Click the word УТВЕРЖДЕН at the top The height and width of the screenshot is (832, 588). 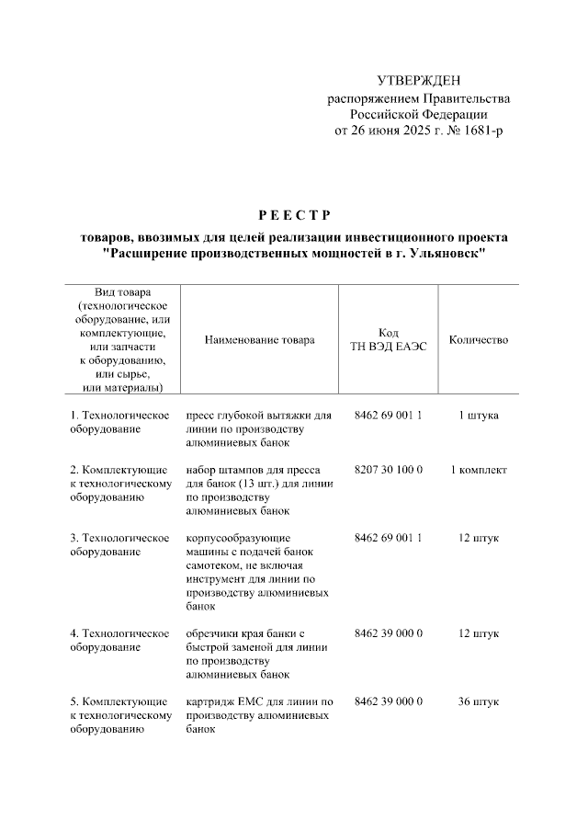coord(418,81)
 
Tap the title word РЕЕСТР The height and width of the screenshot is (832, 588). coord(293,217)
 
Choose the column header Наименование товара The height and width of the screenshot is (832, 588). coord(259,340)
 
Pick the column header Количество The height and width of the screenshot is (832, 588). coord(478,340)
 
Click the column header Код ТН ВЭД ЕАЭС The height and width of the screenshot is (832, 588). coord(389,340)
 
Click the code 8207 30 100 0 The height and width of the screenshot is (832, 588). coord(388,470)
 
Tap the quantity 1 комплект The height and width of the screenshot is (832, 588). coord(478,470)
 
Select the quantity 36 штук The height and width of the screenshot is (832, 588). coord(478,701)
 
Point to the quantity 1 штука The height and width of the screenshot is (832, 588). coord(478,416)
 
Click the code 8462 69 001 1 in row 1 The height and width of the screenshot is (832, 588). coord(388,416)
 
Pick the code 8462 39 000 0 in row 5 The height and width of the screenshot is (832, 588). coord(388,701)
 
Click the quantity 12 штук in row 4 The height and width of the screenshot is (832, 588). coord(478,633)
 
